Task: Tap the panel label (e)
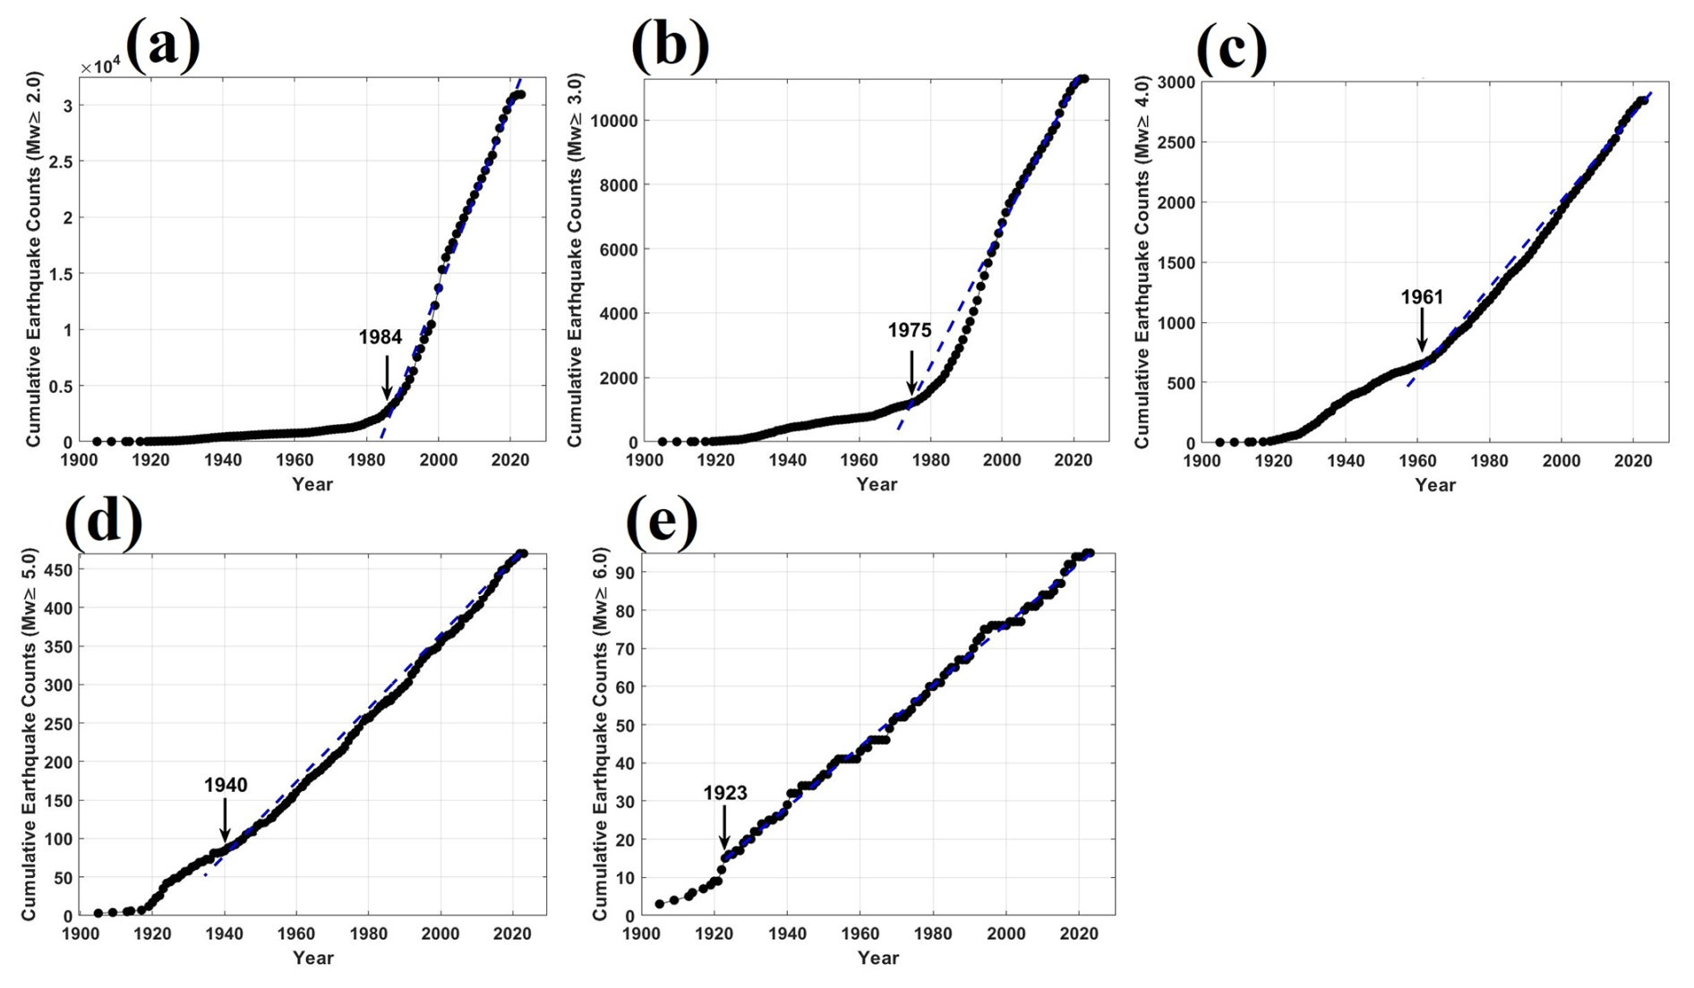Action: pyautogui.click(x=661, y=520)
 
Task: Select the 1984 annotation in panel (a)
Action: pyautogui.click(x=381, y=337)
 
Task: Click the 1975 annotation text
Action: pyautogui.click(x=909, y=330)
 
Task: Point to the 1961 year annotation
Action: pyautogui.click(x=1422, y=297)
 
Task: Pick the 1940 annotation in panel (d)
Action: pyautogui.click(x=226, y=785)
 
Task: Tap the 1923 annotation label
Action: pyautogui.click(x=724, y=793)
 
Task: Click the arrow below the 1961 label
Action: pyautogui.click(x=1422, y=329)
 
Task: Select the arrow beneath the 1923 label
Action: pyautogui.click(x=724, y=826)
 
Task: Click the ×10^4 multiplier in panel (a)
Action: pyautogui.click(x=100, y=67)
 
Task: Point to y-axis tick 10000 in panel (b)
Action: pyautogui.click(x=612, y=121)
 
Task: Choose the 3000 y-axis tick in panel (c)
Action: pyautogui.click(x=1176, y=82)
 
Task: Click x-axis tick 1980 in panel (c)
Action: pyautogui.click(x=1488, y=461)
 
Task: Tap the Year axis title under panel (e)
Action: pyautogui.click(x=877, y=958)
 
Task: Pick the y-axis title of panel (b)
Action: pyautogui.click(x=575, y=260)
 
